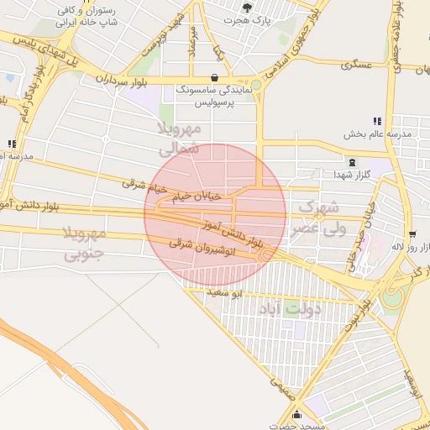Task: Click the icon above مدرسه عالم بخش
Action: tap(377, 121)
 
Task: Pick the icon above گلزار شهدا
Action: tap(352, 162)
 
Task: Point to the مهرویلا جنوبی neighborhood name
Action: tap(82, 244)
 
